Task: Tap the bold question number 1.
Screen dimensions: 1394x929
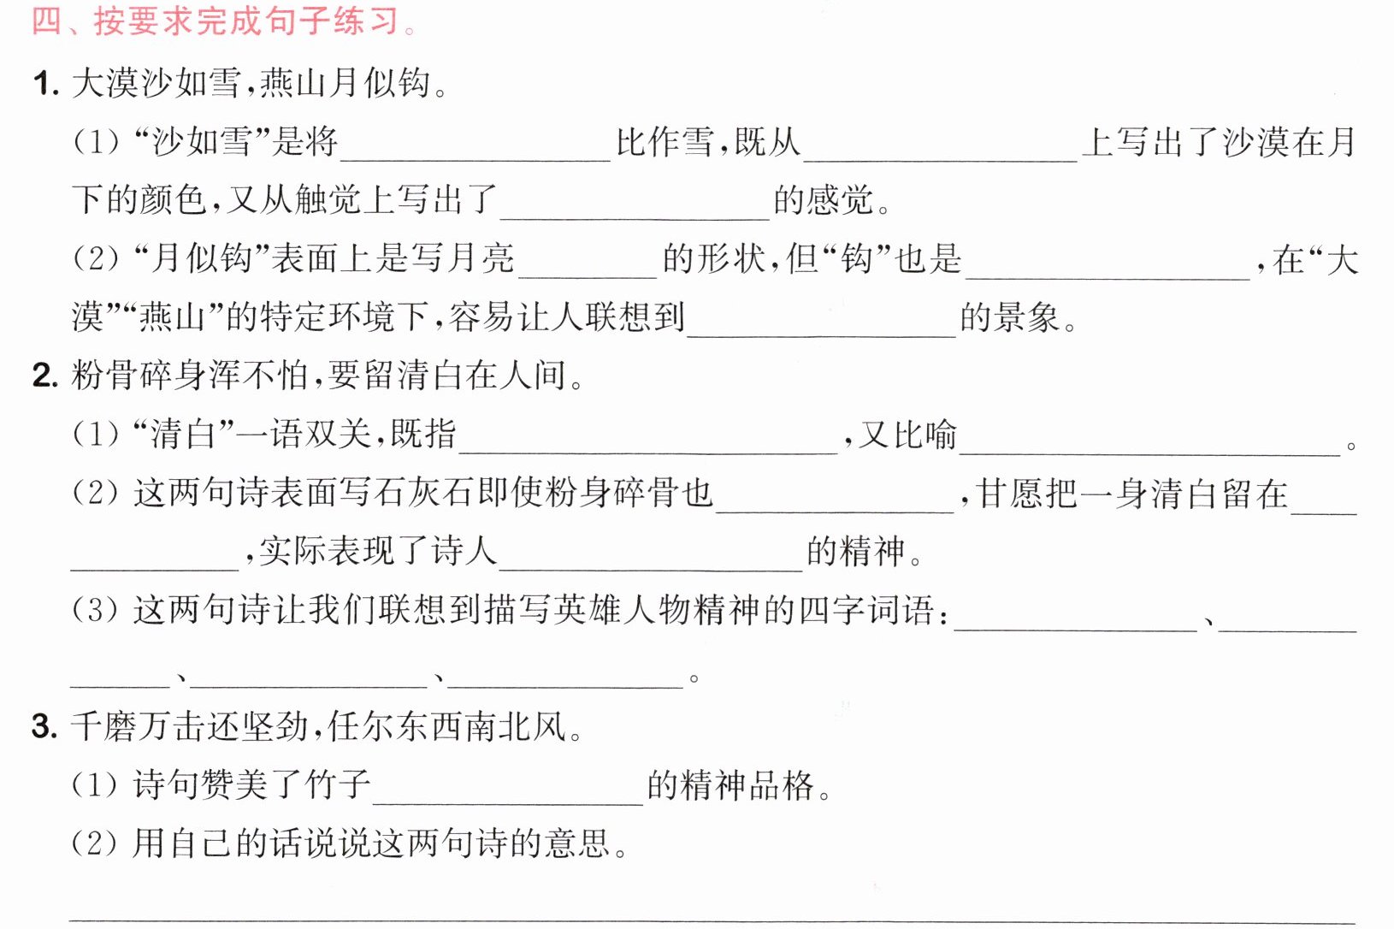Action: (x=46, y=84)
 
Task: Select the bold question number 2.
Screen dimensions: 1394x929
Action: (x=45, y=376)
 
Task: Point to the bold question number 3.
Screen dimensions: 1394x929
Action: (x=45, y=726)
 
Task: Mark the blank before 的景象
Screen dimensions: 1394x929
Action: (x=822, y=335)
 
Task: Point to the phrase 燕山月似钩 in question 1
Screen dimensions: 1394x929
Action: (x=344, y=84)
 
